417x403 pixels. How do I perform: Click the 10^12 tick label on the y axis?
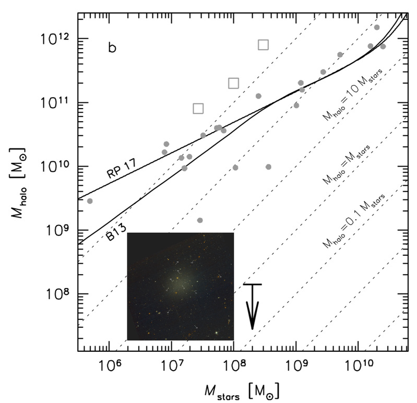click(59, 39)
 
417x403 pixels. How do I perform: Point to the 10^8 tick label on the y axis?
click(59, 294)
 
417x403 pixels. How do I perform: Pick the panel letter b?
click(112, 49)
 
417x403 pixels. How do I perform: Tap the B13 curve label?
click(120, 230)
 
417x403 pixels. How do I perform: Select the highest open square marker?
click(263, 44)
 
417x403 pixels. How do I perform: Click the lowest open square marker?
click(198, 108)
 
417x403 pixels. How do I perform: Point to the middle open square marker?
click(233, 83)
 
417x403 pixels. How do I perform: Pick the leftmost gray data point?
click(90, 201)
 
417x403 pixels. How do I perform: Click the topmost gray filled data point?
click(377, 27)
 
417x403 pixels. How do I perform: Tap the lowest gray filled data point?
click(200, 220)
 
